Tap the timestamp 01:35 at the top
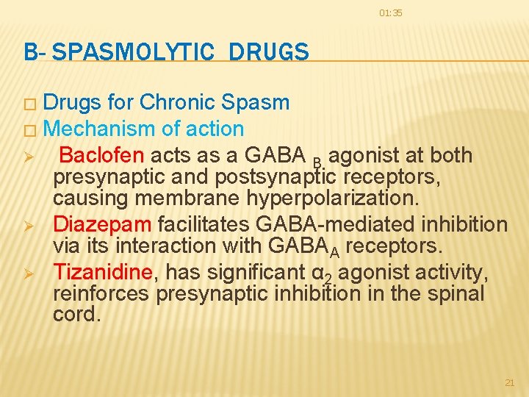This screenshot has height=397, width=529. pyautogui.click(x=391, y=13)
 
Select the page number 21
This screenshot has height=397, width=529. pyautogui.click(x=510, y=382)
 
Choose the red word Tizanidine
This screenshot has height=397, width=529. pyautogui.click(x=102, y=272)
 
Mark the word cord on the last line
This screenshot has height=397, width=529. pyautogui.click(x=76, y=315)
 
